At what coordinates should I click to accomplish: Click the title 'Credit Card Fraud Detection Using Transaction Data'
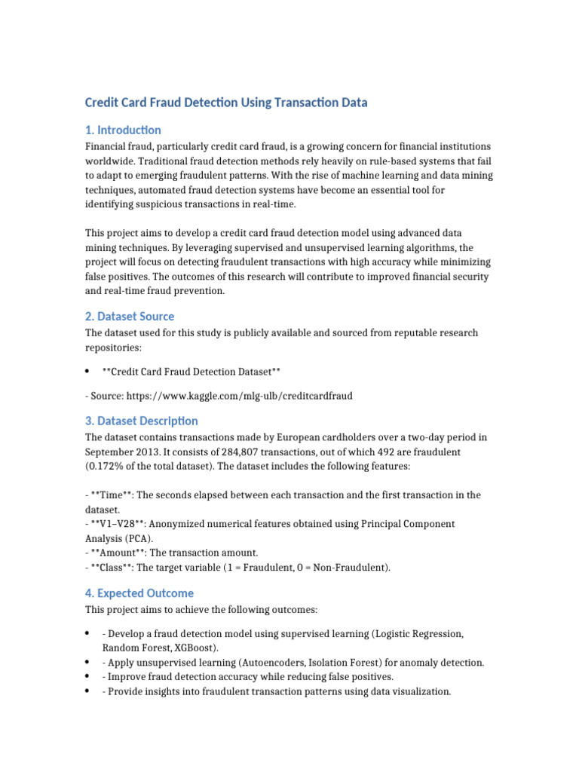[226, 103]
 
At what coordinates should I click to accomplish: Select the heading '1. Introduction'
[123, 130]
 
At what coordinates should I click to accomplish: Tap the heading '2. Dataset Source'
[130, 317]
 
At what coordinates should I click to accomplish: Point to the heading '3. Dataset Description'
[142, 421]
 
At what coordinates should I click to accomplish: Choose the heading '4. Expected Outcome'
[139, 593]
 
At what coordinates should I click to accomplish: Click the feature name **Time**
[111, 495]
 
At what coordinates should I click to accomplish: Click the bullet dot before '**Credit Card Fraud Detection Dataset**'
[88, 371]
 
